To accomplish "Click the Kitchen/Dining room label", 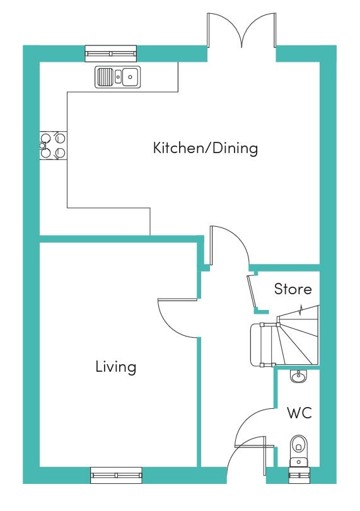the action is pyautogui.click(x=206, y=148).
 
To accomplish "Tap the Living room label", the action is pyautogui.click(x=116, y=367).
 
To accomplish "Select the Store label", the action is pyautogui.click(x=293, y=289).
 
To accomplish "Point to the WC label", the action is pyautogui.click(x=299, y=413).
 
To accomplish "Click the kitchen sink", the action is pyautogui.click(x=118, y=77).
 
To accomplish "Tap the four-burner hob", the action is pyautogui.click(x=53, y=146).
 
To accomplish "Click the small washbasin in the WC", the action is pyautogui.click(x=298, y=376).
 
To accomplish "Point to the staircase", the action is pyautogui.click(x=284, y=336).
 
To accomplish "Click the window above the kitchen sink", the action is pyautogui.click(x=111, y=54).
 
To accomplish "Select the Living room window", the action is pyautogui.click(x=116, y=475).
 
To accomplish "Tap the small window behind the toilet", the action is pyautogui.click(x=299, y=475).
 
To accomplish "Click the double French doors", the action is pyautogui.click(x=241, y=30).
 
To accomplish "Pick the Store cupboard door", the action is pyautogui.click(x=252, y=292).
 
